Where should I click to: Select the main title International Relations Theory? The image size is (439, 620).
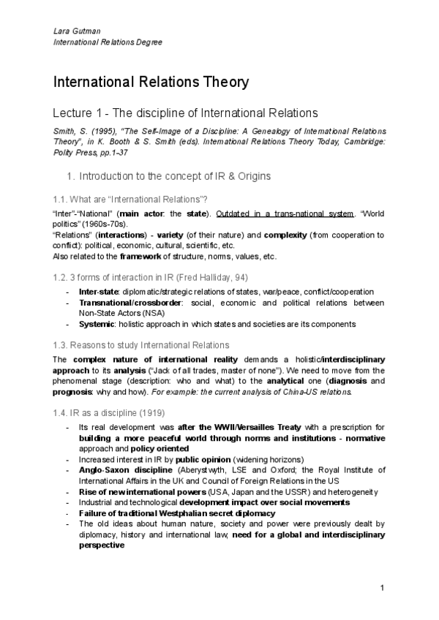[x=151, y=82]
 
